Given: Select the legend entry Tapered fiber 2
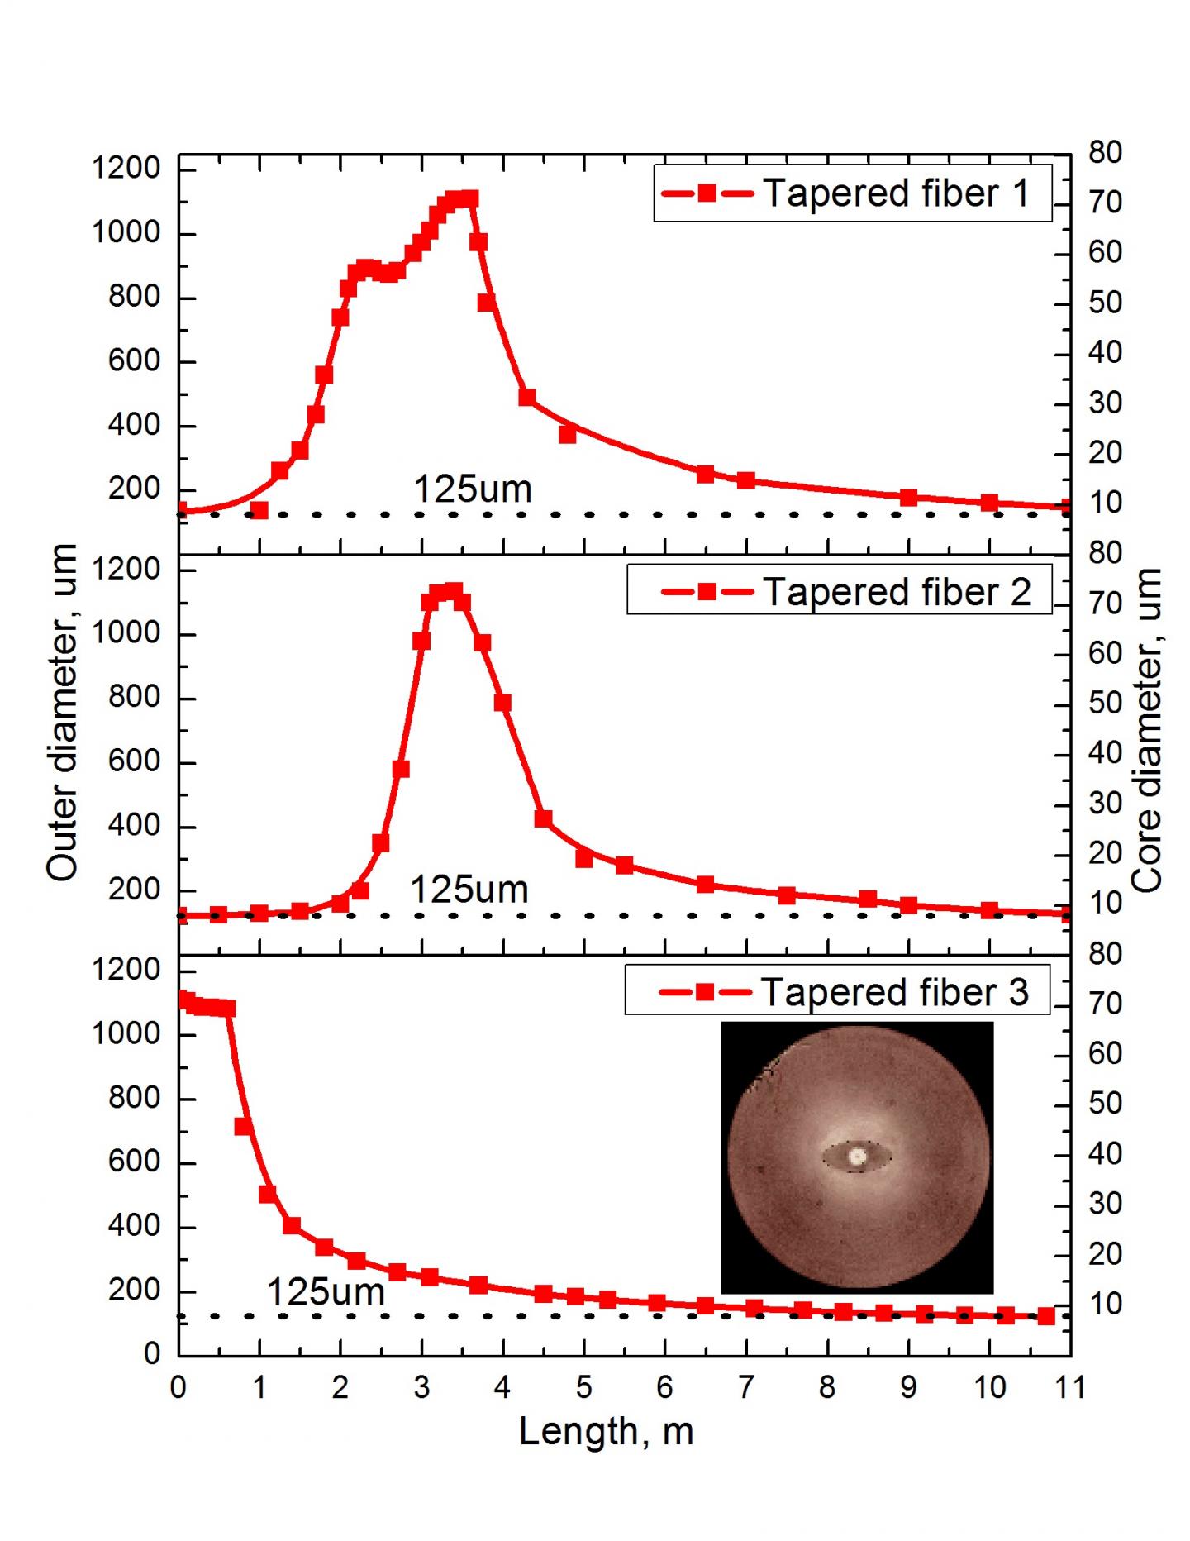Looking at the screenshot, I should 840,592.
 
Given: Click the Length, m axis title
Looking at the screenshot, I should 606,1431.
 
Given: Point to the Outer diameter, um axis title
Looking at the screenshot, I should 62,712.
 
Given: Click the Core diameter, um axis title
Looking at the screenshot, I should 1146,730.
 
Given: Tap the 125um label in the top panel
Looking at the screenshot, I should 472,489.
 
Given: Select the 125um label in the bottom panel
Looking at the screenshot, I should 326,1292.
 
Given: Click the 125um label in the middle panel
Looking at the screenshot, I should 469,890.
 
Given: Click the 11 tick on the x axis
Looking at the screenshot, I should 1069,1387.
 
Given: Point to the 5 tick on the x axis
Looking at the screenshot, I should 583,1387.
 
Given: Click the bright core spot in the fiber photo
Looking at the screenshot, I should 857,1157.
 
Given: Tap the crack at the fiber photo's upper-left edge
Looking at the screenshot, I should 764,1075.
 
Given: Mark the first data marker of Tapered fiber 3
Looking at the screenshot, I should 184,1000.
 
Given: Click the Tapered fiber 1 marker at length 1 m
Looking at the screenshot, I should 259,511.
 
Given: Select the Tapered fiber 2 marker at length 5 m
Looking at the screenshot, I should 584,859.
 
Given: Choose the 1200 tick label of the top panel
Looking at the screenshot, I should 126,169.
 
